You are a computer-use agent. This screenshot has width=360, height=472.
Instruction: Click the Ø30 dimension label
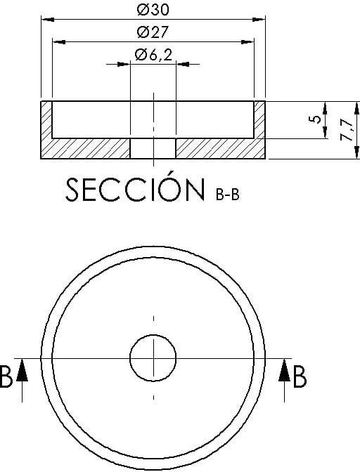point(153,10)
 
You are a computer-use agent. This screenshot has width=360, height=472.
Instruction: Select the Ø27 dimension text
point(153,32)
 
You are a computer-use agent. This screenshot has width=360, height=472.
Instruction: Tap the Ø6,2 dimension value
point(153,55)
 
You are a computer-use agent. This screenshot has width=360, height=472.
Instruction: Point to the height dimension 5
point(315,119)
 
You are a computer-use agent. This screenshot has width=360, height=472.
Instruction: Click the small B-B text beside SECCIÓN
point(228,195)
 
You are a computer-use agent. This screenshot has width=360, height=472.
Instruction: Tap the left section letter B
point(6,376)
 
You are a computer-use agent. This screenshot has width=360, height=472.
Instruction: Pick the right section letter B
point(300,376)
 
